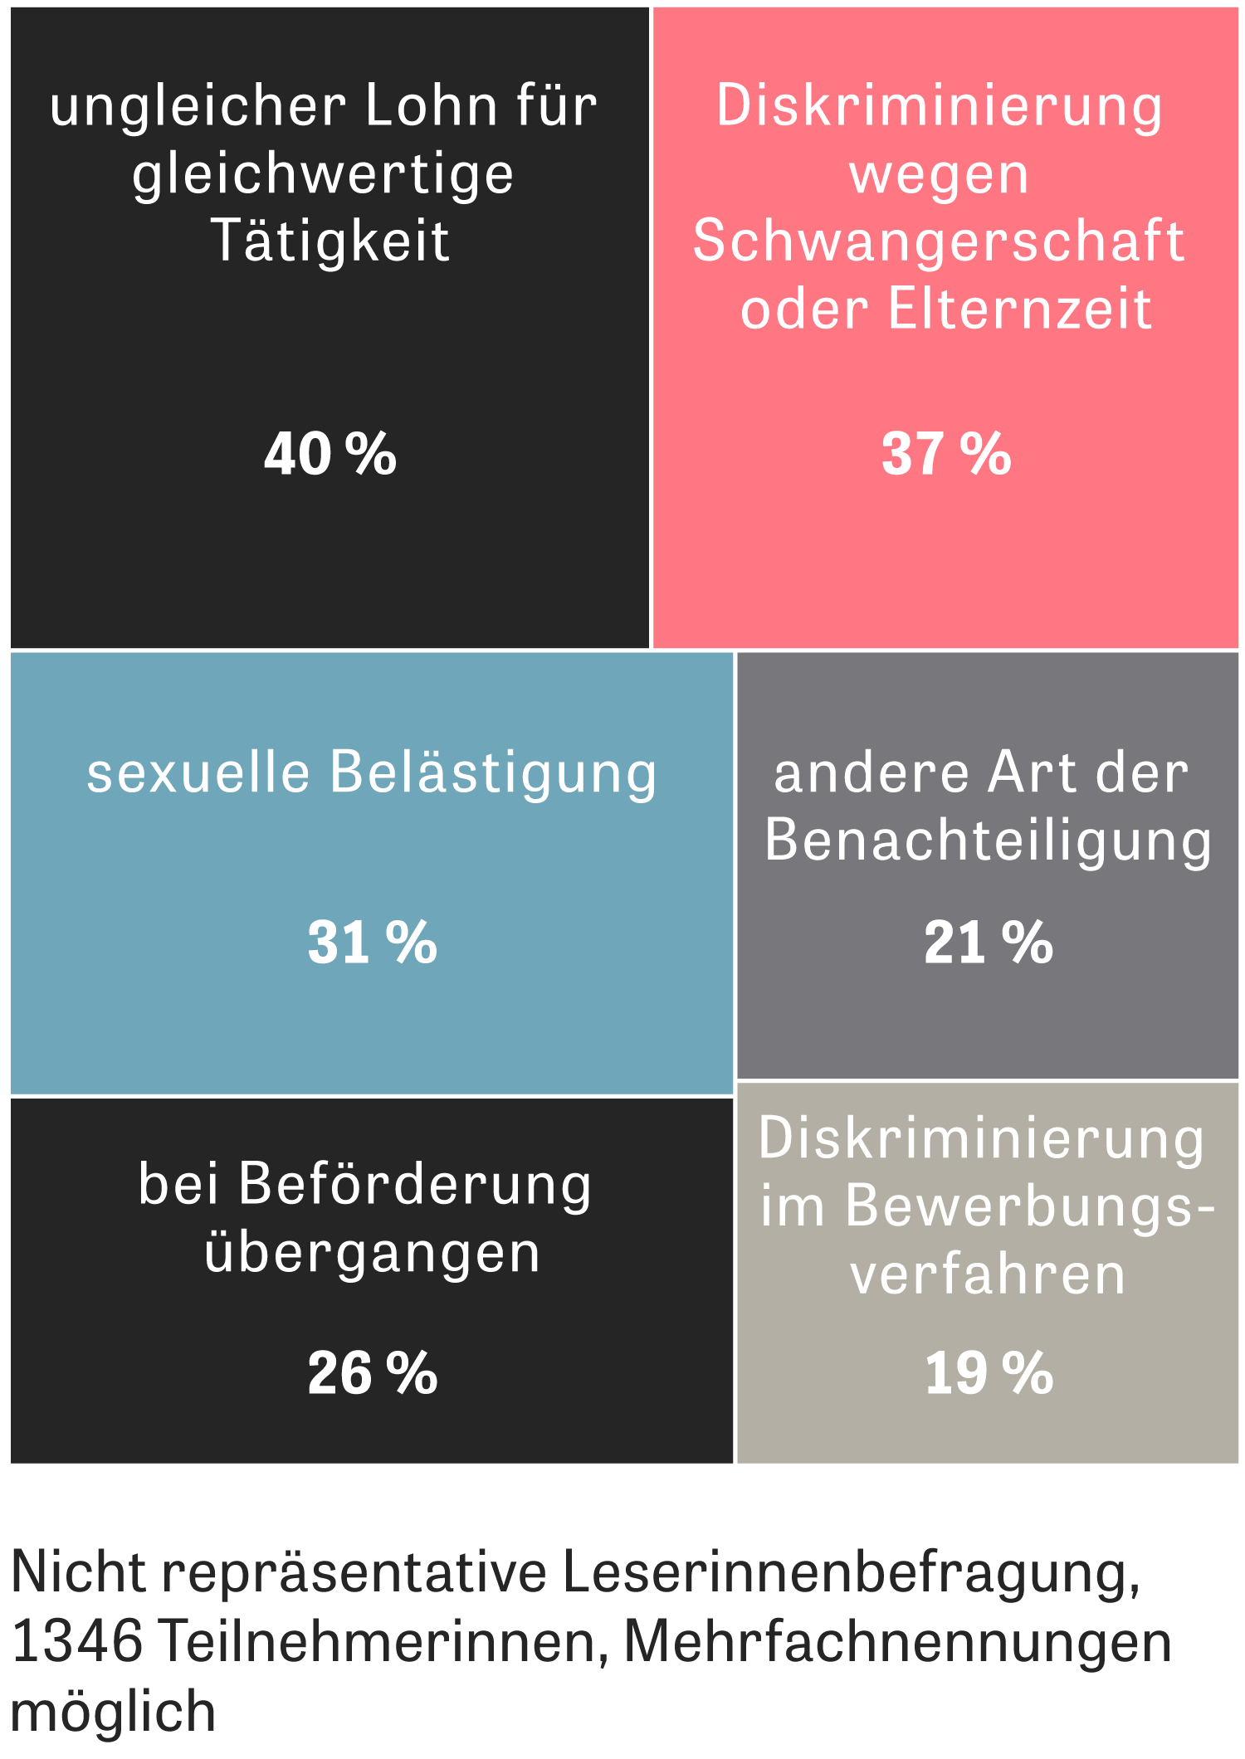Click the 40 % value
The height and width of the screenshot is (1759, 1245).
(330, 454)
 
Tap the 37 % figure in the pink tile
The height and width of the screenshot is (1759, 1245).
(946, 454)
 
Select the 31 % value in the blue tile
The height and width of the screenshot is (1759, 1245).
(372, 943)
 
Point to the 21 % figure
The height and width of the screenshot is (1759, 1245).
(989, 943)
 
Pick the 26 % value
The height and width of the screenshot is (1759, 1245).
(372, 1373)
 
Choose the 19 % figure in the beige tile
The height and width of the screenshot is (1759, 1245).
(989, 1373)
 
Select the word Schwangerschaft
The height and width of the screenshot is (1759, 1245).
(939, 241)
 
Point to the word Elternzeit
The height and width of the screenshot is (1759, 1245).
(1020, 309)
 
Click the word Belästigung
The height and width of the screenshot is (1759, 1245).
(493, 773)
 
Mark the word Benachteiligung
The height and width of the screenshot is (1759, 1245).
(988, 841)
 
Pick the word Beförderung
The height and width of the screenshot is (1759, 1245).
(415, 1183)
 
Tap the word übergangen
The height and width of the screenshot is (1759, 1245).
(373, 1253)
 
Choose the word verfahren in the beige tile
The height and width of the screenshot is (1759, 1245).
(988, 1275)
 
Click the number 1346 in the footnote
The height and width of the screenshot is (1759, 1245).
(77, 1654)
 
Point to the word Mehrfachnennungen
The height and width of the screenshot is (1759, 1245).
(897, 1655)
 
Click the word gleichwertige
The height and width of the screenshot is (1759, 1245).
(323, 175)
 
